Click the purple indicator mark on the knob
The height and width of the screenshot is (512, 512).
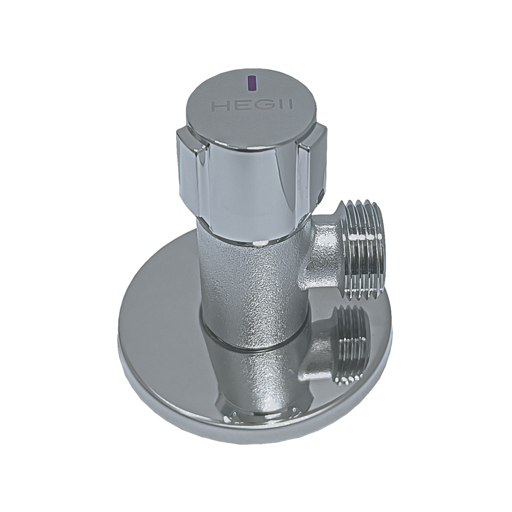[251, 83]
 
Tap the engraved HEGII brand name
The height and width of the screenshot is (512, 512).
[252, 105]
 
